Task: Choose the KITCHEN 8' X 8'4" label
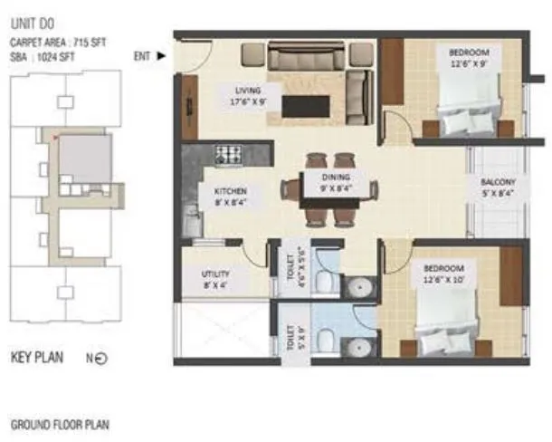[x=230, y=197]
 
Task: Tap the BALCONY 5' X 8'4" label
[x=498, y=187]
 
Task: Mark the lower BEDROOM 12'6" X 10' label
[x=444, y=274]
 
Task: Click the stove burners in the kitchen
[x=226, y=153]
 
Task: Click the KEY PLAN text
[x=36, y=358]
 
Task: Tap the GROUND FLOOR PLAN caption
[x=60, y=424]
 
